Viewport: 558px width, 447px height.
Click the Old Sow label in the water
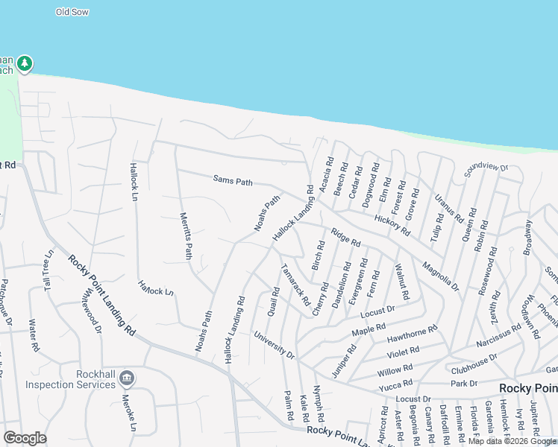tap(72, 12)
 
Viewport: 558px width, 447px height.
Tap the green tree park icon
tap(25, 63)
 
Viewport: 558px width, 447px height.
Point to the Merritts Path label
tap(186, 235)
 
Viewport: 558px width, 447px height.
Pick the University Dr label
tap(274, 343)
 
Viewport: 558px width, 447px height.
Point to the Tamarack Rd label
tap(295, 284)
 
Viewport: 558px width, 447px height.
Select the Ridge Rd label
tap(346, 237)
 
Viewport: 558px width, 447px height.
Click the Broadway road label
tap(529, 237)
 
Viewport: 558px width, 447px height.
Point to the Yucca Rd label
tap(395, 384)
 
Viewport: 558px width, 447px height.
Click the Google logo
tap(25, 438)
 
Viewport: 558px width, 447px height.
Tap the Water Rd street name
tap(32, 335)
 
